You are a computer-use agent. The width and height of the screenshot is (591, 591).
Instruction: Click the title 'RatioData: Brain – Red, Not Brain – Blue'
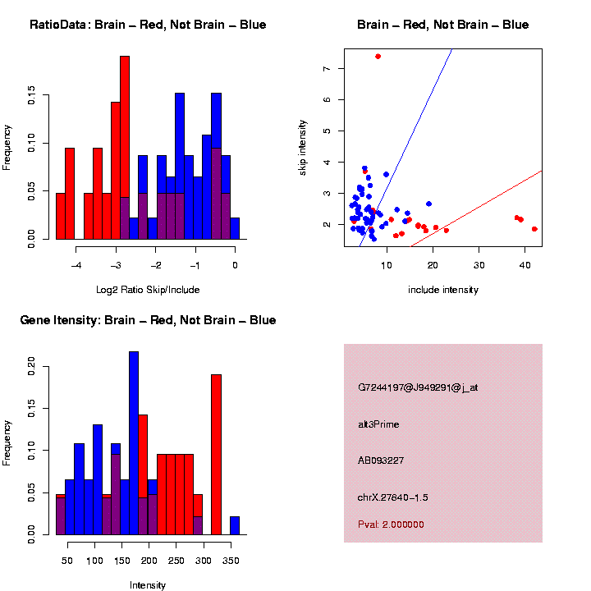pyautogui.click(x=148, y=25)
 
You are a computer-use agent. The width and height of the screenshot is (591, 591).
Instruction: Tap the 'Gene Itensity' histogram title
pyautogui.click(x=148, y=319)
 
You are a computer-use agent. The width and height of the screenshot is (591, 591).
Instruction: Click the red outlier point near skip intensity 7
pyautogui.click(x=378, y=56)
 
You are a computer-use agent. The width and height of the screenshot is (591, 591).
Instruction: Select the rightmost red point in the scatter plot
pyautogui.click(x=534, y=229)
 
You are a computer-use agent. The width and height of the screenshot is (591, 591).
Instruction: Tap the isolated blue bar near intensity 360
pyautogui.click(x=235, y=525)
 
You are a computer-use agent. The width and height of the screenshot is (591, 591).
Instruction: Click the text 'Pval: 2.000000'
pyautogui.click(x=391, y=525)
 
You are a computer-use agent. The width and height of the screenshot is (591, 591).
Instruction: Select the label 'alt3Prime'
pyautogui.click(x=378, y=424)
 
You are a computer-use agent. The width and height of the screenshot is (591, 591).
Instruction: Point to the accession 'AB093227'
pyautogui.click(x=381, y=460)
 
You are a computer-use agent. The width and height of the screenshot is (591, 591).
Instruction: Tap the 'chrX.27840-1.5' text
pyautogui.click(x=393, y=497)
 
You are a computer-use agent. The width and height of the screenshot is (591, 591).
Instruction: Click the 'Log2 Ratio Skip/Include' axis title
pyautogui.click(x=148, y=289)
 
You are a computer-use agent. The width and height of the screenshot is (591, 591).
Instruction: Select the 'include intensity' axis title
pyautogui.click(x=443, y=289)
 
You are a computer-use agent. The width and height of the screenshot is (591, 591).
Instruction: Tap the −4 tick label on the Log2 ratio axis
pyautogui.click(x=76, y=264)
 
